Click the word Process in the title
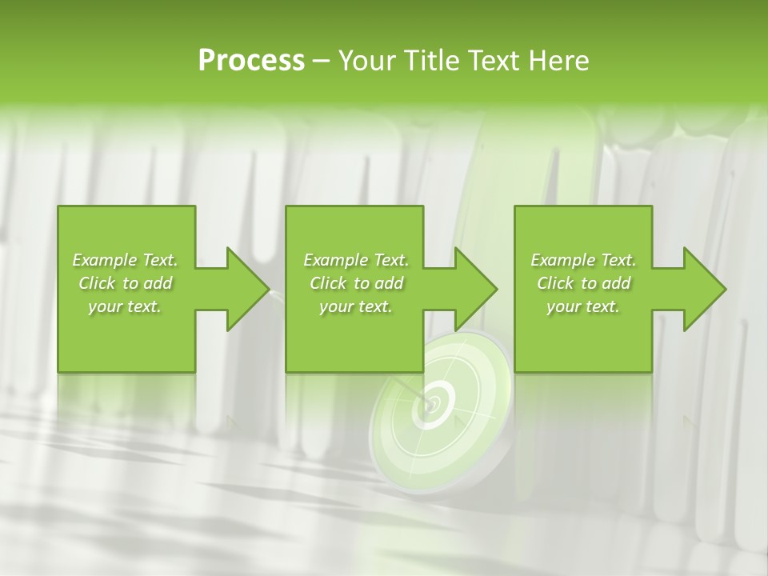251,61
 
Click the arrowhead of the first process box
248,289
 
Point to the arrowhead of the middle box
476,289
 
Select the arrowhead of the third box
705,289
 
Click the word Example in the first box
104,260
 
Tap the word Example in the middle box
335,260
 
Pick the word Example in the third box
562,260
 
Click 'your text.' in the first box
126,307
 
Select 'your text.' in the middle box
356,307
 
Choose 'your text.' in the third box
583,307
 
